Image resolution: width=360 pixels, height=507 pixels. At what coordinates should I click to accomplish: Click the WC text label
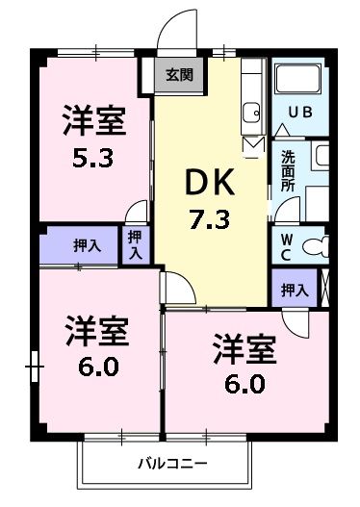pos(287,244)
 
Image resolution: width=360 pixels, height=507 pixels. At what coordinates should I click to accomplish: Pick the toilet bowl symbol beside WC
pos(315,245)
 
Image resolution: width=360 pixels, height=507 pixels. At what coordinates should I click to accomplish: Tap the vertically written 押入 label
pos(135,244)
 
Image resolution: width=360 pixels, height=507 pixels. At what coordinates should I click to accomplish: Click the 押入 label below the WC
pos(295,289)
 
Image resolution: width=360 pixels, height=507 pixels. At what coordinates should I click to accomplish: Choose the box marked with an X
pos(326,289)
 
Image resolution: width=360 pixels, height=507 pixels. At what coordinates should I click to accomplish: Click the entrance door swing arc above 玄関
pos(173,29)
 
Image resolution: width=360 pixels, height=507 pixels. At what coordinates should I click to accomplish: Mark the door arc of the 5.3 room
pos(140,212)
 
